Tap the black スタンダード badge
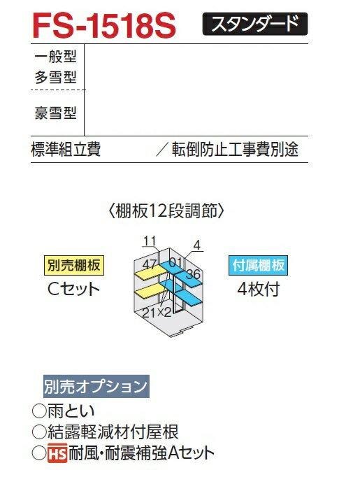255,24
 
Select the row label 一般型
55,57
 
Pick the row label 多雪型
55,77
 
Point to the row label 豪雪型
55,113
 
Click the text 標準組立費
66,150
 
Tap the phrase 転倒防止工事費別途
235,150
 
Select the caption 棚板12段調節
166,211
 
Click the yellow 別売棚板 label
74,265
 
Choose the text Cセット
73,290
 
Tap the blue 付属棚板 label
258,265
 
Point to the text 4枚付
259,290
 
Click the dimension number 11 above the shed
150,241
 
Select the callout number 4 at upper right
197,245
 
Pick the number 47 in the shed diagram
150,264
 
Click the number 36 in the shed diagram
194,274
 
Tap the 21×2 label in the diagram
157,313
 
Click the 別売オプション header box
96,386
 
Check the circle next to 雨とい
39,411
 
